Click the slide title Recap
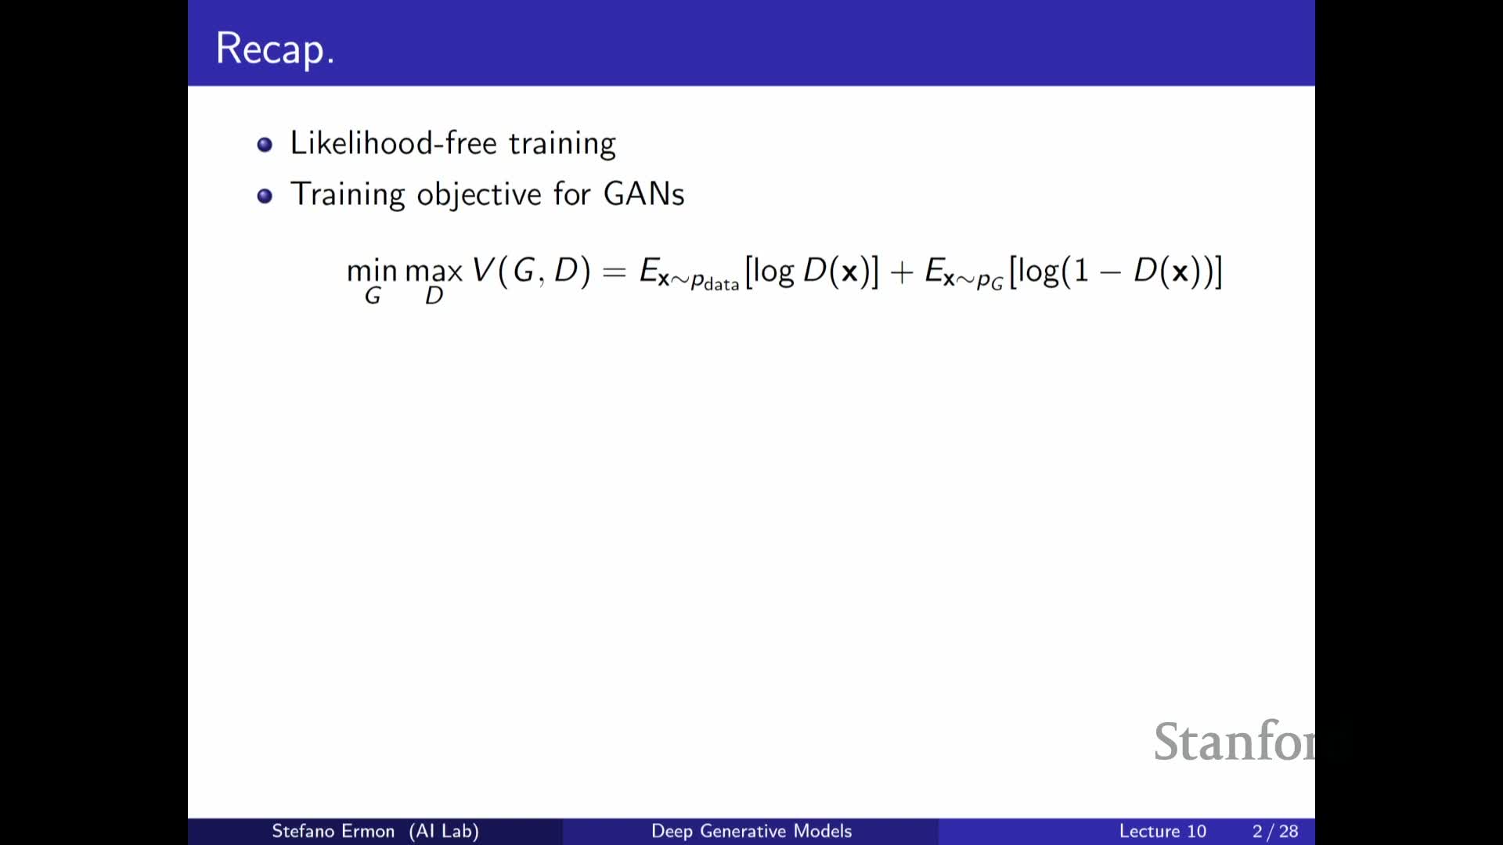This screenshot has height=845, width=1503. pos(275,49)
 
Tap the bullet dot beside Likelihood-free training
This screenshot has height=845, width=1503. pos(265,145)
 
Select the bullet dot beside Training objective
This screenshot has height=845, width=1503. pos(265,196)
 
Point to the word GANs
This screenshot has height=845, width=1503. pos(643,194)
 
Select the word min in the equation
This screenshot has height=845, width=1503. pos(372,271)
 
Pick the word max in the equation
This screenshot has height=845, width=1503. pos(434,271)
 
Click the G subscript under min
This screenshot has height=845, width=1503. pos(373,296)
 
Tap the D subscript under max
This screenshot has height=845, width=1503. pos(434,296)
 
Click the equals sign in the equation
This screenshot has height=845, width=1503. pos(615,272)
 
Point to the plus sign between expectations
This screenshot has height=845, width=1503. pos(902,272)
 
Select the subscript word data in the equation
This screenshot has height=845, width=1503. pos(721,284)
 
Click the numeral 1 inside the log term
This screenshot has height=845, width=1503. pos(1082,271)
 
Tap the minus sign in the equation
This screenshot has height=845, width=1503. pos(1110,272)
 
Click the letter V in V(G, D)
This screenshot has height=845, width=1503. pos(483,270)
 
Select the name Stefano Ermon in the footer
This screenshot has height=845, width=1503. pos(333,831)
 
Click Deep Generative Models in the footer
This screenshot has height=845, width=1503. pos(751,831)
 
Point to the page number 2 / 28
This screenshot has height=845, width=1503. pos(1275,831)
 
